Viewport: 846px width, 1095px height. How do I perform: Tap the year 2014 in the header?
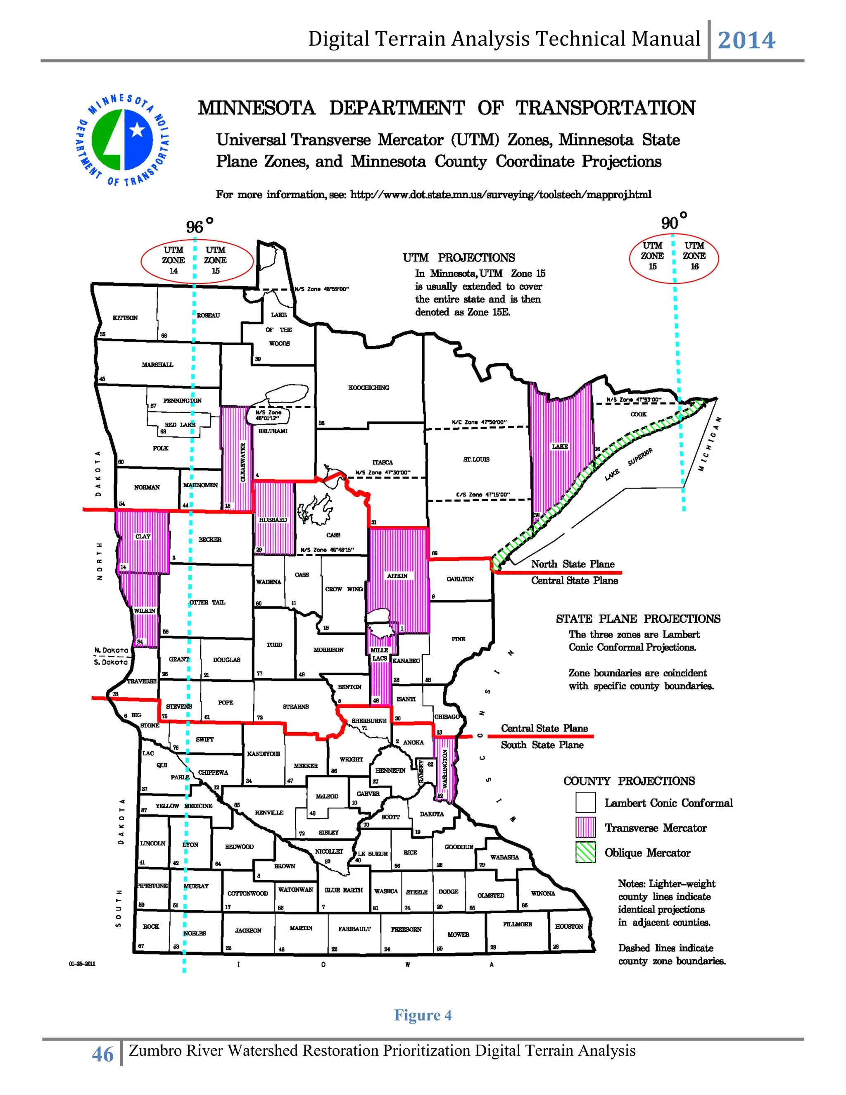tap(746, 40)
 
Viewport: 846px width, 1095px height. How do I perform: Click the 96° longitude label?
tap(199, 226)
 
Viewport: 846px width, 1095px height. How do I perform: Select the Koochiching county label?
tap(368, 388)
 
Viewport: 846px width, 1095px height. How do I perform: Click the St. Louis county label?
tap(476, 459)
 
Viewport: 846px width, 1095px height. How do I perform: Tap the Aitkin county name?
tap(397, 576)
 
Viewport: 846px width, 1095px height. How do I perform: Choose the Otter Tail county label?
tap(207, 602)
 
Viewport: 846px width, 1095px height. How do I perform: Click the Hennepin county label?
tap(390, 770)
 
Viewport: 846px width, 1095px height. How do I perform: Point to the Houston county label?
tap(569, 926)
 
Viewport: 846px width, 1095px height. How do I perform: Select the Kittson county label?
tap(125, 318)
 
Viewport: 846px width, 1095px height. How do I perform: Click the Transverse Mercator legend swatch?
tap(585, 828)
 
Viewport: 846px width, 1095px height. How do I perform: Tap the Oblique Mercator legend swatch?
tap(585, 852)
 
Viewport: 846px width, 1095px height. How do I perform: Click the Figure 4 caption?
tap(423, 1015)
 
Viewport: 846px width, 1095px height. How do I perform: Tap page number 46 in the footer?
tap(103, 1055)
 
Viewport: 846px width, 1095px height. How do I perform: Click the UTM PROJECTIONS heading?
tap(459, 258)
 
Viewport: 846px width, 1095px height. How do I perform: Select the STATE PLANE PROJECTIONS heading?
tap(637, 619)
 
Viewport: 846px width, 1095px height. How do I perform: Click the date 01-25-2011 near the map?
tap(82, 964)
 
